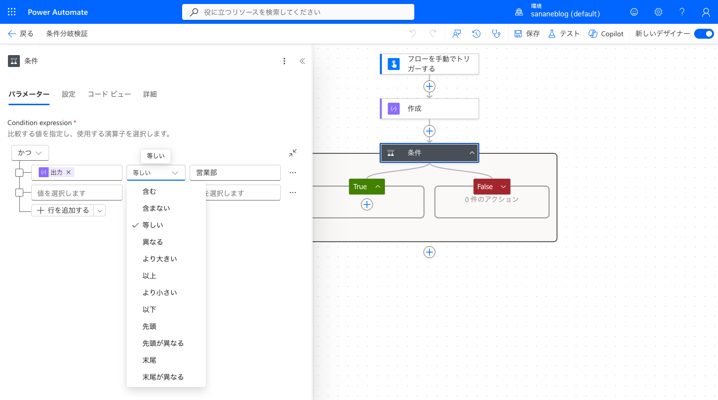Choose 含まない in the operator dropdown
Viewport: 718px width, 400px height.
pyautogui.click(x=156, y=208)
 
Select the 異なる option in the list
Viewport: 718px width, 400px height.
pyautogui.click(x=152, y=242)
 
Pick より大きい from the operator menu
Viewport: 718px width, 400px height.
pyautogui.click(x=160, y=259)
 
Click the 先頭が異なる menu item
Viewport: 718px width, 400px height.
pyautogui.click(x=163, y=343)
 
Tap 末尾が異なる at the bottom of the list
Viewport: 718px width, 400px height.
pyautogui.click(x=163, y=377)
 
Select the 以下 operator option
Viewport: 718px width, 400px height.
pyautogui.click(x=149, y=310)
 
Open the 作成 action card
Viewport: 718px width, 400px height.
pyautogui.click(x=429, y=109)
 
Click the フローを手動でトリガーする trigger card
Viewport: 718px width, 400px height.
pyautogui.click(x=429, y=64)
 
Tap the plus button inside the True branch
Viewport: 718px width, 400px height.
pyautogui.click(x=367, y=204)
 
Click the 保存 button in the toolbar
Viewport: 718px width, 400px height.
pyautogui.click(x=527, y=34)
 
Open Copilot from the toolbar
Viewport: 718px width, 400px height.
pyautogui.click(x=606, y=34)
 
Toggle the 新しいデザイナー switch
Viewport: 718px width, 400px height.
pyautogui.click(x=704, y=34)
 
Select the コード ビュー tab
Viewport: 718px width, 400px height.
pyautogui.click(x=109, y=94)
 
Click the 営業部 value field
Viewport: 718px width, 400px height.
pyautogui.click(x=235, y=173)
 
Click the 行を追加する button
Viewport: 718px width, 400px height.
pyautogui.click(x=63, y=210)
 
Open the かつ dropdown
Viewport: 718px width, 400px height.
pyautogui.click(x=30, y=153)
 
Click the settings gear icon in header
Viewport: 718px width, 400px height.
pyautogui.click(x=658, y=12)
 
